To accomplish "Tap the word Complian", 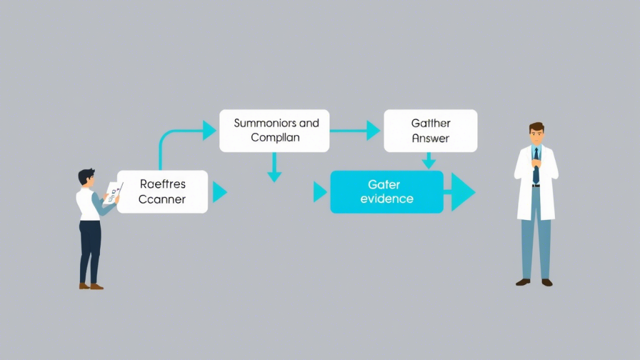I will (275, 137).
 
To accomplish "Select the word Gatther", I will (431, 123).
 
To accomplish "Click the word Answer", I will (431, 138).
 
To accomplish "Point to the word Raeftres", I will (162, 184).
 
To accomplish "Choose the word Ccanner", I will (162, 199).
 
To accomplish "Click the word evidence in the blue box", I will (387, 199).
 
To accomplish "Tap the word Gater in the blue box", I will (384, 184).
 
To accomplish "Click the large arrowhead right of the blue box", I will (463, 192).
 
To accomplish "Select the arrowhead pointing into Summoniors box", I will (209, 131).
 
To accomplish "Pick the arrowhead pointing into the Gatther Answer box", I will (373, 131).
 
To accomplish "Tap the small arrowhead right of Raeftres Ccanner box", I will (219, 192).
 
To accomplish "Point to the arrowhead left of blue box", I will (320, 192).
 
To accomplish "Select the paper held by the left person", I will (112, 192).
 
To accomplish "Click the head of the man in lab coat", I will (536, 134).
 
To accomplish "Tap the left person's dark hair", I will (86, 175).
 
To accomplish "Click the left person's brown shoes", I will (91, 286).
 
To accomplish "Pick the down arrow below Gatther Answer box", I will (428, 164).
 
